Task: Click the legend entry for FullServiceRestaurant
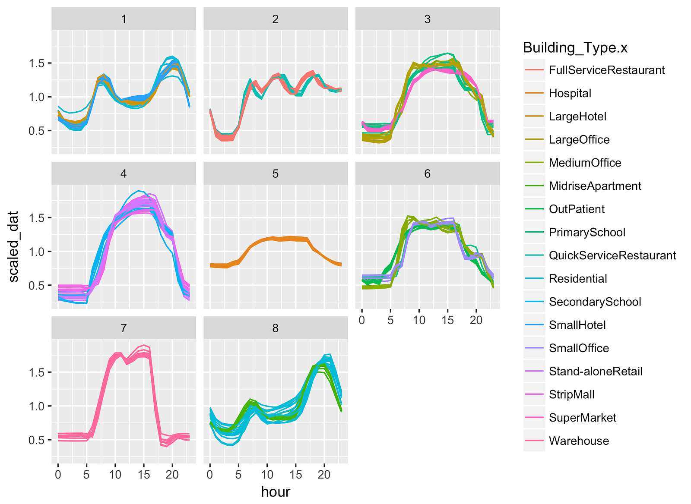click(606, 70)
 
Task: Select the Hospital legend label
click(570, 94)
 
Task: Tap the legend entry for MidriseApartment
click(595, 186)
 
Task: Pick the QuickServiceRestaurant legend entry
click(612, 255)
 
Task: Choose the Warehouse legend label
click(579, 441)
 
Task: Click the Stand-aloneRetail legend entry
click(595, 372)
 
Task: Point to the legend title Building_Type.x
click(575, 47)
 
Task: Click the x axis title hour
click(276, 492)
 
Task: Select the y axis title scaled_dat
click(14, 246)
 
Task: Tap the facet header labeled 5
click(276, 174)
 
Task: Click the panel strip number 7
click(124, 328)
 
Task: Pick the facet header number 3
click(427, 19)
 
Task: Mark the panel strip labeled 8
click(276, 328)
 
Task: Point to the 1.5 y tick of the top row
click(37, 63)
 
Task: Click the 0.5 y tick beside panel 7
click(37, 440)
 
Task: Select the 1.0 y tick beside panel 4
click(37, 252)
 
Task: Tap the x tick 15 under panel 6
click(447, 320)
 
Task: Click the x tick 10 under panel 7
click(115, 475)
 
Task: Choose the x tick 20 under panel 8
click(324, 475)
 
